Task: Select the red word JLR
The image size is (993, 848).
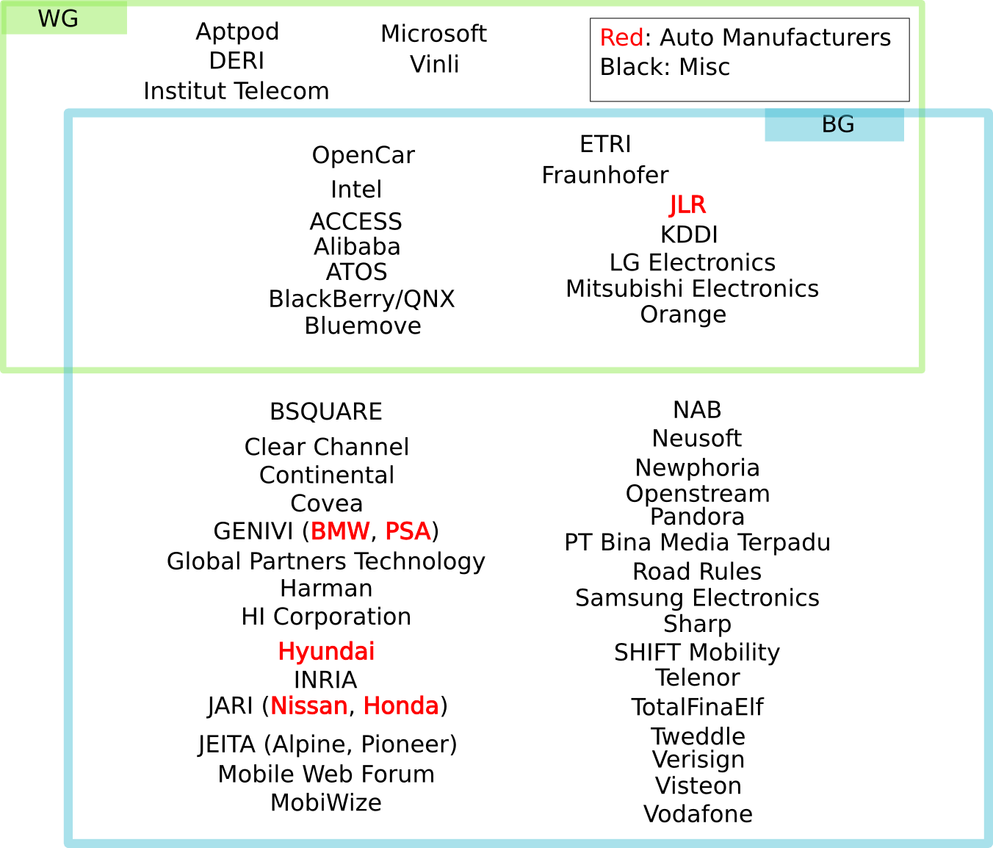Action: (x=687, y=205)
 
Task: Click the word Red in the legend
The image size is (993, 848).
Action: (x=621, y=37)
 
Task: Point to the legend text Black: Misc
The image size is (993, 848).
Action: (x=665, y=67)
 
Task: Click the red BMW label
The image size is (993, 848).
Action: (x=340, y=531)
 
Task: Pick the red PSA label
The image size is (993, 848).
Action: (x=408, y=531)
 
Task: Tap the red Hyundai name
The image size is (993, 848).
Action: (x=326, y=651)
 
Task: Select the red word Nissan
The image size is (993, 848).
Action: (x=308, y=705)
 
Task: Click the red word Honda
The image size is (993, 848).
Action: (x=401, y=705)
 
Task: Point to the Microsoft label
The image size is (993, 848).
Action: (x=433, y=34)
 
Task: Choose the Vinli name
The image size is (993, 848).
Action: (x=435, y=65)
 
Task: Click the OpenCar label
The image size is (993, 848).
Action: (x=364, y=155)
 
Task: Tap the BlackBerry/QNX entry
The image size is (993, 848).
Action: (x=361, y=299)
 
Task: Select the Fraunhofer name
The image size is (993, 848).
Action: (x=605, y=176)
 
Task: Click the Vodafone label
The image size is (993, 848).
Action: (x=698, y=814)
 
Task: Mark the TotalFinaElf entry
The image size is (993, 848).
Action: (x=697, y=707)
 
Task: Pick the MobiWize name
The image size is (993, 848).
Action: (x=326, y=802)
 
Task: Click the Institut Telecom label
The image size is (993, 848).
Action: (x=236, y=91)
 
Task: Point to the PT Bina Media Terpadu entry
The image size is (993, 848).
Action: (x=697, y=542)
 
